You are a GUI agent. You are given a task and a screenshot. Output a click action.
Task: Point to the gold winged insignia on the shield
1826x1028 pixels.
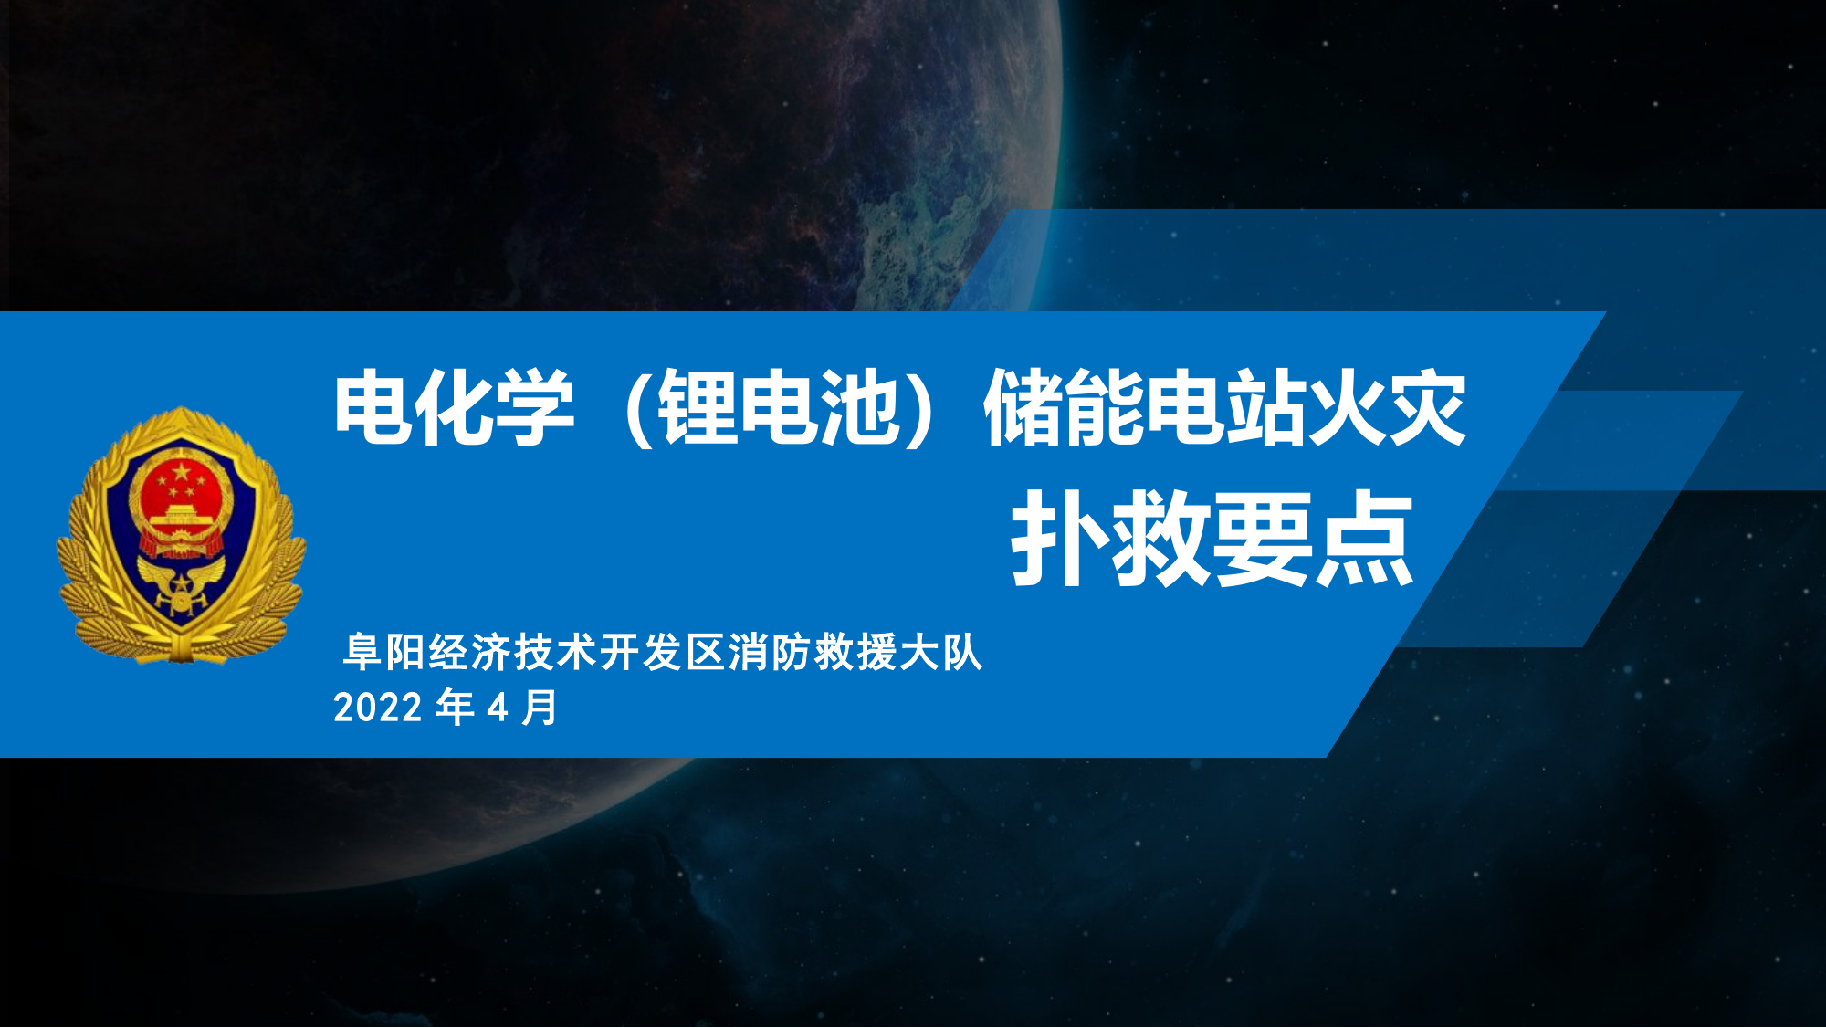coord(181,585)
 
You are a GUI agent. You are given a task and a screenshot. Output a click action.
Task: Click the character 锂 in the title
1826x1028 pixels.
coord(698,408)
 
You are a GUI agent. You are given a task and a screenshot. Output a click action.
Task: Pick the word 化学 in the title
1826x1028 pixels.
coord(494,408)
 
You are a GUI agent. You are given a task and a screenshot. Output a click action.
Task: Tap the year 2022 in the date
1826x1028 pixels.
coord(378,708)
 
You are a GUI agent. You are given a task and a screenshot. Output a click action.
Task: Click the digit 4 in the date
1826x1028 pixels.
coord(498,708)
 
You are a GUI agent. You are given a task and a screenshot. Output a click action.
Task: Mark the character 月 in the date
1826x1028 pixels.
coord(540,708)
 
